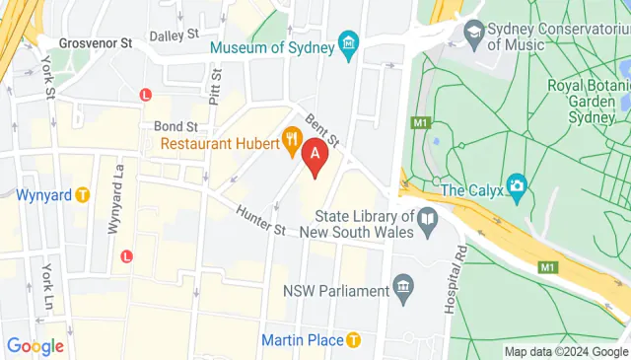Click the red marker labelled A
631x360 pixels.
click(315, 155)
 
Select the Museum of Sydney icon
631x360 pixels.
click(348, 43)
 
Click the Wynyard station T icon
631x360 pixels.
click(84, 194)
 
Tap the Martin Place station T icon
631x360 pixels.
click(354, 340)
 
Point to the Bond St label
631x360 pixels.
click(175, 126)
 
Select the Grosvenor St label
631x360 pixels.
click(96, 43)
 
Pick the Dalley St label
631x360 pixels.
click(175, 36)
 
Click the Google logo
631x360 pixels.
click(35, 346)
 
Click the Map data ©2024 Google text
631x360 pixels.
click(565, 352)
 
